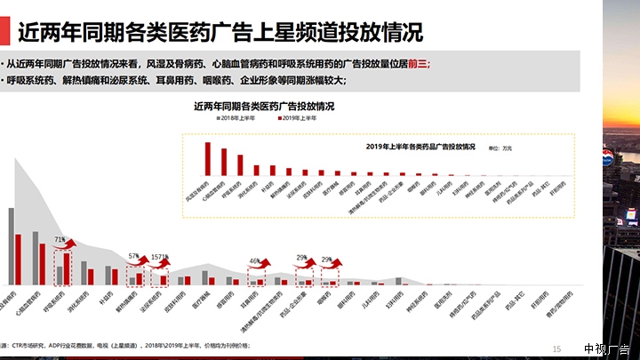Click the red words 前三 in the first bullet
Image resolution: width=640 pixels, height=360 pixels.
(x=419, y=64)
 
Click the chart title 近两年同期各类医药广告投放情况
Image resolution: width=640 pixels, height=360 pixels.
(x=263, y=106)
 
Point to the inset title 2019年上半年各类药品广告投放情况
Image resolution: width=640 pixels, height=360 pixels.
(x=420, y=145)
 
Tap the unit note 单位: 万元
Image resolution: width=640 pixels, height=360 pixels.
(x=501, y=146)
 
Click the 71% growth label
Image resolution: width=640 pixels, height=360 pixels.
(x=59, y=240)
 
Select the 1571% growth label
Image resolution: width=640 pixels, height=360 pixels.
(x=159, y=257)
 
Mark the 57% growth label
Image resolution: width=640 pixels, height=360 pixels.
(x=134, y=256)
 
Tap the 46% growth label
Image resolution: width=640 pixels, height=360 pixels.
(x=254, y=261)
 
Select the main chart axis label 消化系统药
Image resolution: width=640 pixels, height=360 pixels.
(x=86, y=303)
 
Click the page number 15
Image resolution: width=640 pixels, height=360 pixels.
(x=557, y=348)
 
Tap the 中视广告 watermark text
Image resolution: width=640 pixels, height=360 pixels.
(x=608, y=348)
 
